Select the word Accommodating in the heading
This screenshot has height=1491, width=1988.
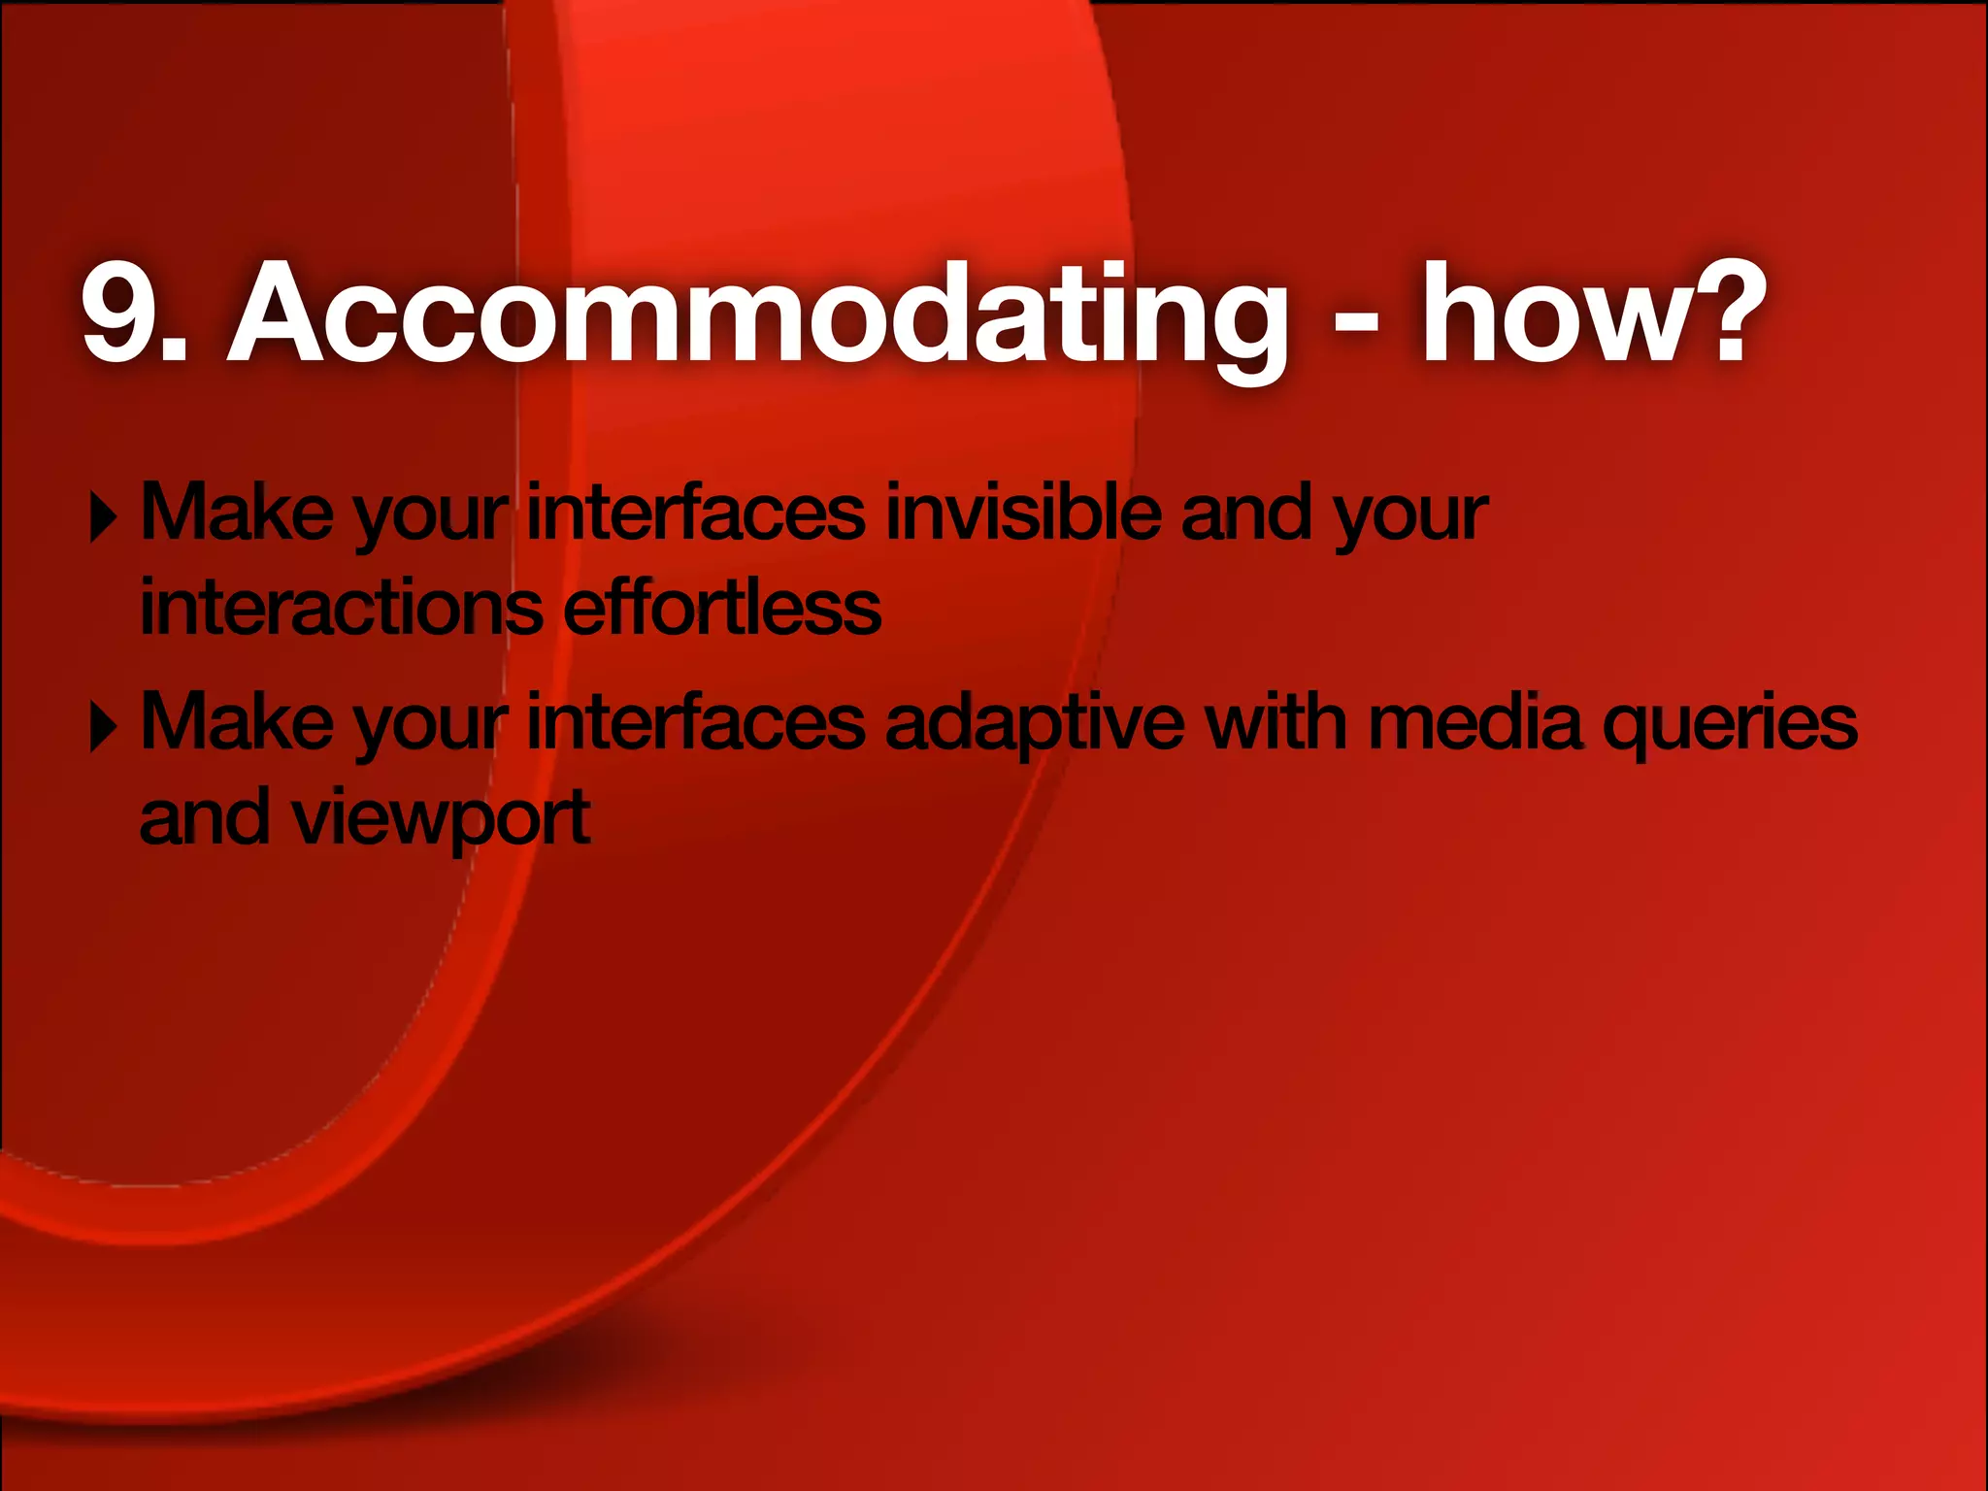coord(756,314)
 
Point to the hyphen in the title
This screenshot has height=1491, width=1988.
coord(1356,320)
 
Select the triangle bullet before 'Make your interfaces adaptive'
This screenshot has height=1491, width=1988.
coord(103,727)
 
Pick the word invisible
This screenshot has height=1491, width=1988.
coord(1023,512)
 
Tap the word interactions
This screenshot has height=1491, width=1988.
coord(341,608)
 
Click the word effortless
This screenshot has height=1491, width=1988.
coord(722,608)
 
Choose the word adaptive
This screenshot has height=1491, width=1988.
coord(1035,723)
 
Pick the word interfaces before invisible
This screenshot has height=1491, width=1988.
coord(695,512)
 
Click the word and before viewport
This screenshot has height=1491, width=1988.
coord(204,817)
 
